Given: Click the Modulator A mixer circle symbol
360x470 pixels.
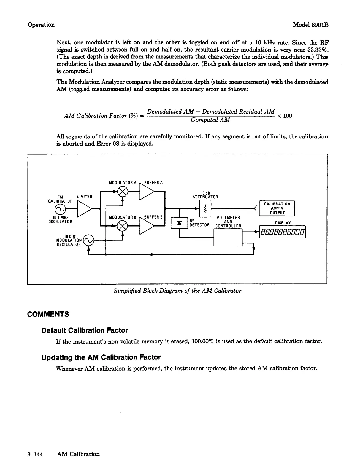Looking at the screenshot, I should point(123,192).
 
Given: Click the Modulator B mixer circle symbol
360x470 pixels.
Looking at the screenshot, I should point(123,226).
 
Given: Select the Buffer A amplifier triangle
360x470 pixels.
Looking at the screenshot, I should point(146,192).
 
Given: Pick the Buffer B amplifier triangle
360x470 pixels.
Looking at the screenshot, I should point(146,226).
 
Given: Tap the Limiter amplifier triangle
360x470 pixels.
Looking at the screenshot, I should point(84,209).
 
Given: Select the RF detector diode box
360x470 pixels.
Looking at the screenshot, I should point(179,223).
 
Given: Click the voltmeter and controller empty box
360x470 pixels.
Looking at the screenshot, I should point(228,238).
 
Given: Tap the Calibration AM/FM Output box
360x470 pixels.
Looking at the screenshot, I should point(277,208).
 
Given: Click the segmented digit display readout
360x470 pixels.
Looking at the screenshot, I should point(282,232).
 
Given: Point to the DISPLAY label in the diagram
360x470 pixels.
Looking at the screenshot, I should point(283,223).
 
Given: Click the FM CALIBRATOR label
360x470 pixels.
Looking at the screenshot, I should point(60,199).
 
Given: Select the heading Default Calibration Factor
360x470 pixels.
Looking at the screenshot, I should point(85,330).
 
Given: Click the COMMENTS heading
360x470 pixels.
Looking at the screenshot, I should point(48,314).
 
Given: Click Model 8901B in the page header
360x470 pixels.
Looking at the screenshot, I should point(310,25).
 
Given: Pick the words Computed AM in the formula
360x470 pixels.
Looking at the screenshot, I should point(210,120).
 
